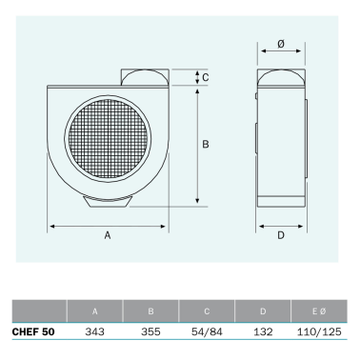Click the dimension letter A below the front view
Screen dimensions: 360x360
coord(108,235)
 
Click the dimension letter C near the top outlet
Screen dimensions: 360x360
coord(206,77)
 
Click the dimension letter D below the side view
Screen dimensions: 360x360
coord(281,235)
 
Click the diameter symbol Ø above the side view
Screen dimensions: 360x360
coord(281,45)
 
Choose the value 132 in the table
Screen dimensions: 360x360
coord(263,332)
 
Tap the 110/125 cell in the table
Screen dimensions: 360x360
coord(319,332)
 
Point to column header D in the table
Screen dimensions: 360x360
coord(263,310)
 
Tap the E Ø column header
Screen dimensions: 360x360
coord(319,310)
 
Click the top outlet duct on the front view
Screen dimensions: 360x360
coord(144,77)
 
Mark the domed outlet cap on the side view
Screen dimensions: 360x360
coord(281,77)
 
